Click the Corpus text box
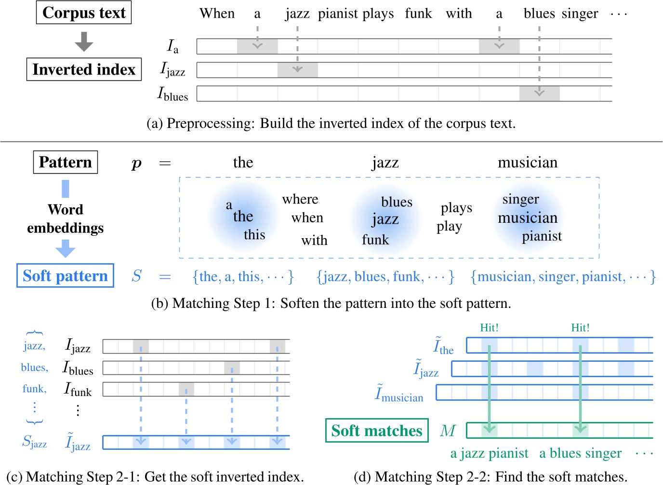[84, 13]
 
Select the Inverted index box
[84, 69]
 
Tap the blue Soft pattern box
[65, 276]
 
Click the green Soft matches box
[377, 430]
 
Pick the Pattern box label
[65, 162]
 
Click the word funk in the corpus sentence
[418, 13]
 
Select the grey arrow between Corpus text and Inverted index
[84, 41]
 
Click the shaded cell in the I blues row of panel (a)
[539, 93]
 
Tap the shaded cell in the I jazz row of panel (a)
[297, 70]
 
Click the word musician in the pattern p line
[528, 163]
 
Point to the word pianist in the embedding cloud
[542, 236]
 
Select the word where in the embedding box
[300, 199]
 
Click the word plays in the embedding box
[456, 208]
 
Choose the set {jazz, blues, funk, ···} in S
[385, 277]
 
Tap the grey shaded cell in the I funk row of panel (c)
[186, 389]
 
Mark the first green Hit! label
[489, 328]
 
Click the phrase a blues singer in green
[580, 453]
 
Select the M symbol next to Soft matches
[448, 430]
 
